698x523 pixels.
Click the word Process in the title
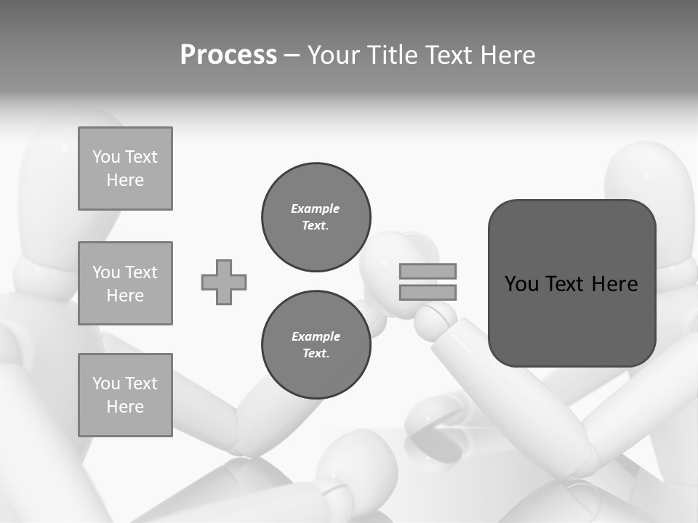[x=228, y=55]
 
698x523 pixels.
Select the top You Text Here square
[x=125, y=169]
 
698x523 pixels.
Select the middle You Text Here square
[x=125, y=283]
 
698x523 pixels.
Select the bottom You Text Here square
[x=125, y=395]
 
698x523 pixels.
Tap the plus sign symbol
[x=224, y=282]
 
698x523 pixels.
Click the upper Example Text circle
[x=316, y=217]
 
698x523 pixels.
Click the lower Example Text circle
[x=316, y=345]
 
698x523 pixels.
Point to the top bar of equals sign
[x=428, y=271]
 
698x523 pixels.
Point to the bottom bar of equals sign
[x=428, y=292]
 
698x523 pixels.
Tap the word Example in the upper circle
[x=316, y=208]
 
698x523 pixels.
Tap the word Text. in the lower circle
[x=316, y=354]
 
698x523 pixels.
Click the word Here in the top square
[x=125, y=180]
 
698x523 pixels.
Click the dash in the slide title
[x=292, y=55]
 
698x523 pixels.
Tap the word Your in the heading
[x=334, y=55]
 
